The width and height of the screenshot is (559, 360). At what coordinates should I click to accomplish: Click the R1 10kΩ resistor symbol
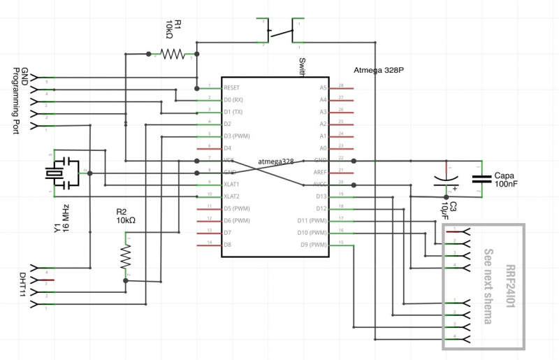pos(172,53)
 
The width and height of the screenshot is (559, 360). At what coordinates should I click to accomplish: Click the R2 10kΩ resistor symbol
pos(126,257)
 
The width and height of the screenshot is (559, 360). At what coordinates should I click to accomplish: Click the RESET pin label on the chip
pos(232,88)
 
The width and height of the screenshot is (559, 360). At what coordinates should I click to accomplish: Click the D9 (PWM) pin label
pos(314,244)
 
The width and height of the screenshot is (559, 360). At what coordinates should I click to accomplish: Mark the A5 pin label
pos(323,88)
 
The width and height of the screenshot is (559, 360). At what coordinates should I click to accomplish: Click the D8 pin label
pos(228,244)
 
